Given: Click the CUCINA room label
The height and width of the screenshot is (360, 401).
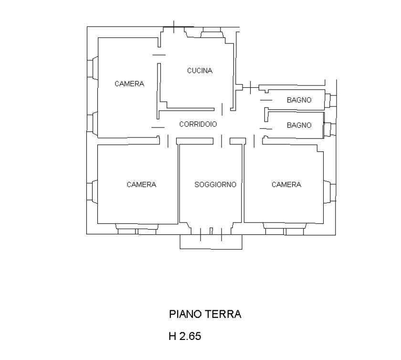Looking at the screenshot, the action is [200, 71].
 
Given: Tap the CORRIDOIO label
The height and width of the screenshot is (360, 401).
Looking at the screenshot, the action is [198, 124].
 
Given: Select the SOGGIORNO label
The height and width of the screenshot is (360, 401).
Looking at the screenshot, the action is [215, 184].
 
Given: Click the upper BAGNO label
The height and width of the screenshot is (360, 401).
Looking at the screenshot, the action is [299, 100].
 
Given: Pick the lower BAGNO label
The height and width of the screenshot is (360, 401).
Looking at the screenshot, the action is [299, 125].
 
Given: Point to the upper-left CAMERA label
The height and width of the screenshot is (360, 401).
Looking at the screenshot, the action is [129, 84].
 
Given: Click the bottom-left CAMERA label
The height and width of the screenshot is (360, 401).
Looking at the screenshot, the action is [141, 184].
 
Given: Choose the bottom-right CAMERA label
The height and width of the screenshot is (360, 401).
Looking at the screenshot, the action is [286, 184].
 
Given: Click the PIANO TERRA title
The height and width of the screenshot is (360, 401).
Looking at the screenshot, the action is [205, 314].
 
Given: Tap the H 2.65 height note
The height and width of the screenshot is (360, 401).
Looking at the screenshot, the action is [185, 336].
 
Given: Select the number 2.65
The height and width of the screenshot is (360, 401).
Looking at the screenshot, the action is [190, 336].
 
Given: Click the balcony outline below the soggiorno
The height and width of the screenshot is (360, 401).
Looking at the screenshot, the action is [211, 248].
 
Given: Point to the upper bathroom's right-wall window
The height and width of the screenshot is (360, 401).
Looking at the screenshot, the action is [330, 101].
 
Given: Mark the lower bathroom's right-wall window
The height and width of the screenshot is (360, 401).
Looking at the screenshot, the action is [330, 129].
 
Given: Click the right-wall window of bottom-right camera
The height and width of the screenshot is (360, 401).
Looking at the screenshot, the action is [330, 192].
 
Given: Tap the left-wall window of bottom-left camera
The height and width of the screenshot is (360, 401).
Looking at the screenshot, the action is [92, 192].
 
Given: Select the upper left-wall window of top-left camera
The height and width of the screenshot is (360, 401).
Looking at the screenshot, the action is [92, 68].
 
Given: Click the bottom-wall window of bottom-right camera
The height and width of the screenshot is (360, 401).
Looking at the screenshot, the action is [285, 229].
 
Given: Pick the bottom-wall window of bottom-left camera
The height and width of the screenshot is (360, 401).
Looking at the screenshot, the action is [137, 229].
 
